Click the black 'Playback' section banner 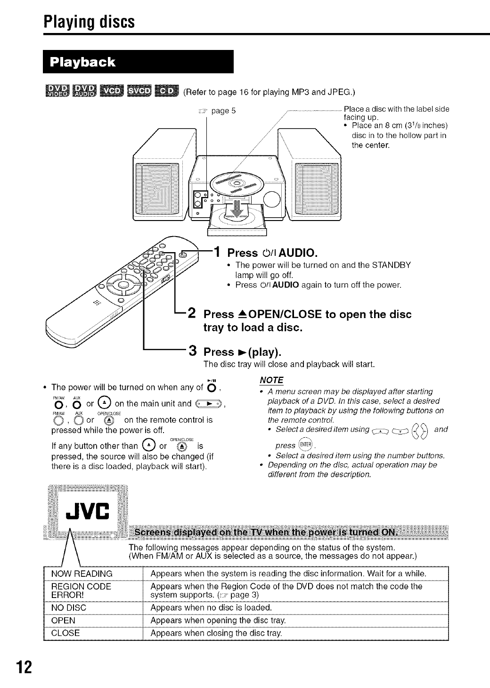click(x=138, y=62)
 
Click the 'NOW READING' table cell click(x=82, y=573)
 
